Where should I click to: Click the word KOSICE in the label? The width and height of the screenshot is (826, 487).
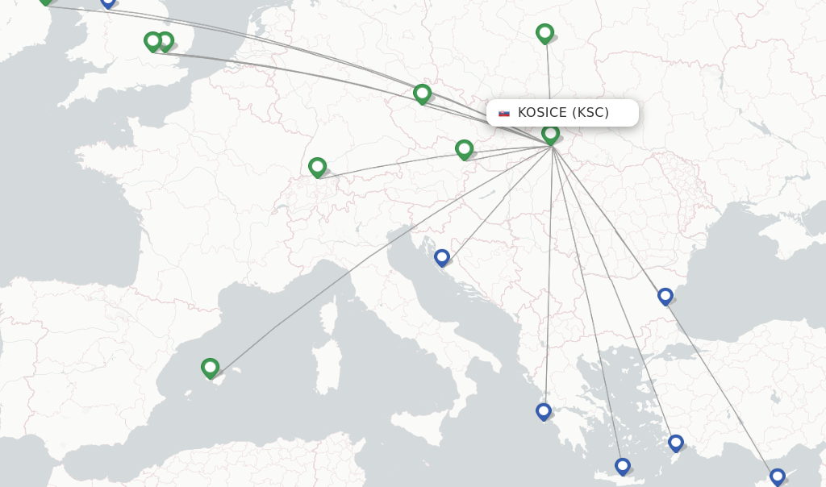pos(542,113)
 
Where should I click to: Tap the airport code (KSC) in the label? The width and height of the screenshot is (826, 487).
pos(590,113)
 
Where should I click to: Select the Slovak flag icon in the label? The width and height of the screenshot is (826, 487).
pos(504,113)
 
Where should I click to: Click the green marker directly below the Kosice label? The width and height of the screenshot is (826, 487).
pos(550,134)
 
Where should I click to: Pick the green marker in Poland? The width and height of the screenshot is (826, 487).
pos(544,33)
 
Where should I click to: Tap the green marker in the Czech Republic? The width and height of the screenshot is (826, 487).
pos(422,94)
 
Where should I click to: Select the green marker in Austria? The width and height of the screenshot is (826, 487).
pos(464,149)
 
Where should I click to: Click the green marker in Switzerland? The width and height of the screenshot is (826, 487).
pos(317,167)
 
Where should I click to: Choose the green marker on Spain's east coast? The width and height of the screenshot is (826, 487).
pos(210,368)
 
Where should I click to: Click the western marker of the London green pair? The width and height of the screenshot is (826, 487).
pos(152,41)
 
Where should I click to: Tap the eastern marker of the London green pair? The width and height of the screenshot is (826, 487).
pos(165,41)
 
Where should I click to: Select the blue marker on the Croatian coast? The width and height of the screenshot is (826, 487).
pos(441,257)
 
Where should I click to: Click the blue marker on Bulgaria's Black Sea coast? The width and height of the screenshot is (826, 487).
pos(665,296)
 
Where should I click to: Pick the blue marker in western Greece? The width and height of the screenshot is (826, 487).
pos(543,411)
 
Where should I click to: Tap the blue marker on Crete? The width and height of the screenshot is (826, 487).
pos(622,466)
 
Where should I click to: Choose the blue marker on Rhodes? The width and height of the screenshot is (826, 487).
pos(675,443)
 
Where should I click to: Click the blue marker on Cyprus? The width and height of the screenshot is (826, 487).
pos(777,477)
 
